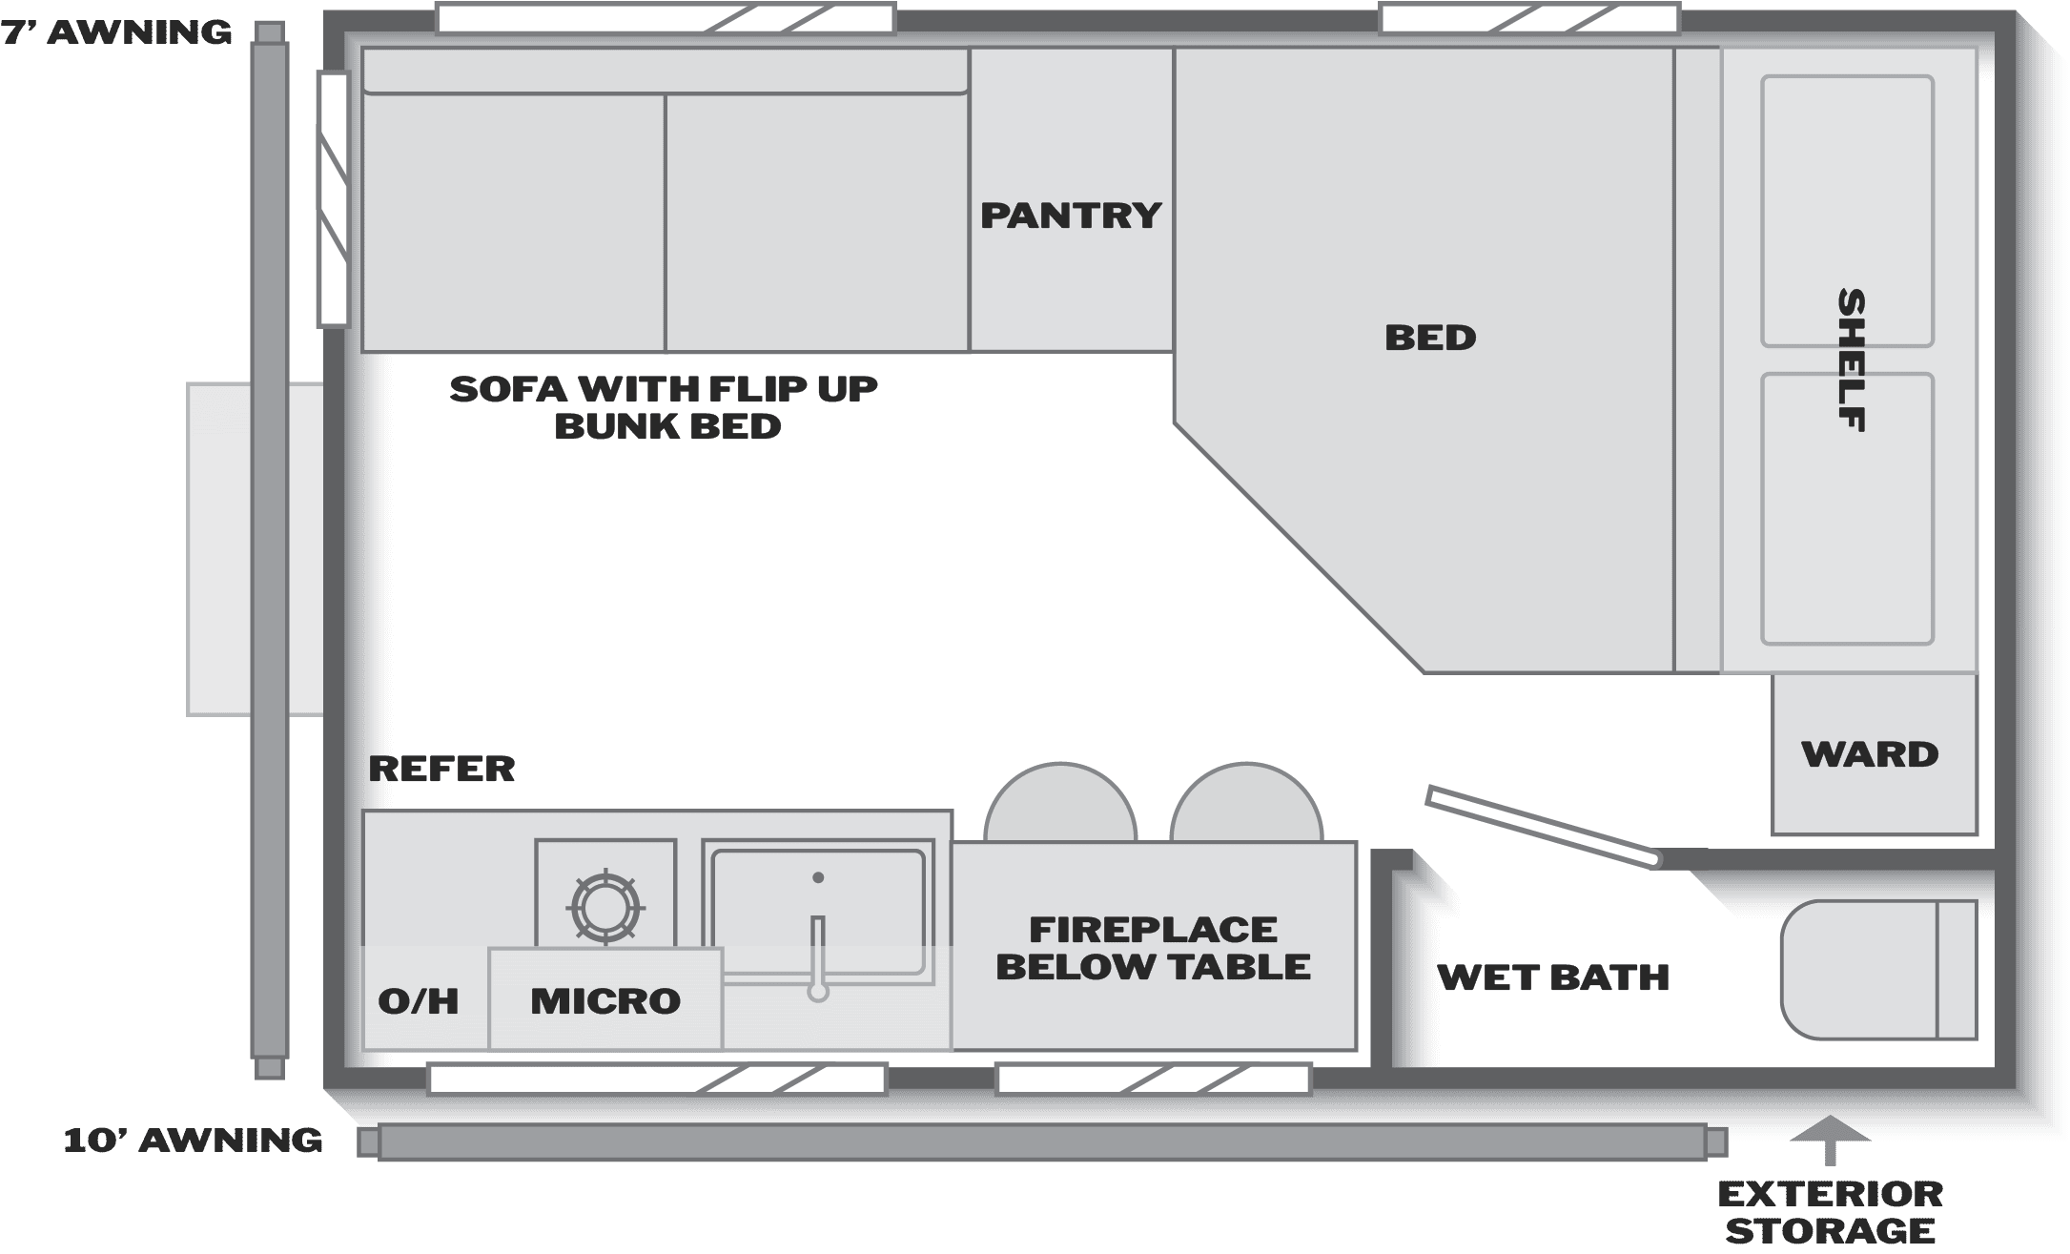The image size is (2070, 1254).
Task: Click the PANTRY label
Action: pyautogui.click(x=1071, y=216)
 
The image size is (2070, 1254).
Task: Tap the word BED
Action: pyautogui.click(x=1430, y=338)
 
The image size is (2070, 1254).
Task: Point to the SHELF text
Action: pyautogui.click(x=1851, y=360)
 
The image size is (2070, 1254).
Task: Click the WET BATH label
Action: pyautogui.click(x=1553, y=977)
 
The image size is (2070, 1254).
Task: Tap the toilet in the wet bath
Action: pyautogui.click(x=1878, y=970)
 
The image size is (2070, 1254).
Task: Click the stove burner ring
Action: pyautogui.click(x=605, y=905)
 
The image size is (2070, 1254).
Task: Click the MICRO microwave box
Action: pyautogui.click(x=605, y=999)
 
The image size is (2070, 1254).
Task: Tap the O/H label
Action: pyautogui.click(x=419, y=1001)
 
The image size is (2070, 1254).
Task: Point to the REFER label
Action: pyautogui.click(x=441, y=769)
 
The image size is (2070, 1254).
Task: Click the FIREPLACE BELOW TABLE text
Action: pyautogui.click(x=1153, y=948)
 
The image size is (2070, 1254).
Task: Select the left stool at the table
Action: pyautogui.click(x=1059, y=803)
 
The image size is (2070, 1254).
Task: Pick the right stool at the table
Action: pyautogui.click(x=1246, y=803)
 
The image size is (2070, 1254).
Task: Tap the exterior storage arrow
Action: pyautogui.click(x=1830, y=1141)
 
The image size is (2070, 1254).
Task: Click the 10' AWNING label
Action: pyautogui.click(x=193, y=1141)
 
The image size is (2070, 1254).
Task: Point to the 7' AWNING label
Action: pyautogui.click(x=116, y=32)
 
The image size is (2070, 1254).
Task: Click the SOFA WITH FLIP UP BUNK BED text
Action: pyautogui.click(x=664, y=407)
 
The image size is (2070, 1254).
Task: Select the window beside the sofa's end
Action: pyautogui.click(x=334, y=199)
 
